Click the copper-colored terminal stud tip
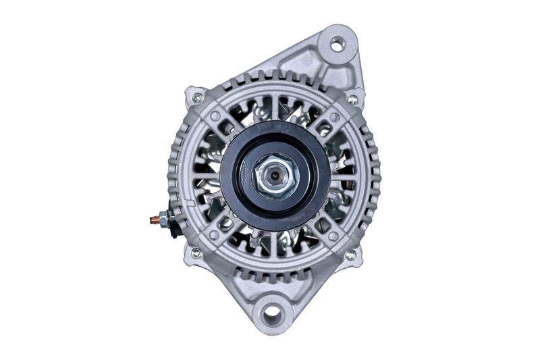pos(152,220)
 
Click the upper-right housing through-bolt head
pos(352,99)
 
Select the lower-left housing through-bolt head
pos(196,253)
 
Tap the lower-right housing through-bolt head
pos(350,255)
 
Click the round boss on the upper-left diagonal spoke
pos(215,116)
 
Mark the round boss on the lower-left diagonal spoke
pos(214,235)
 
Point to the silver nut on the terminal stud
pos(163,219)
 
